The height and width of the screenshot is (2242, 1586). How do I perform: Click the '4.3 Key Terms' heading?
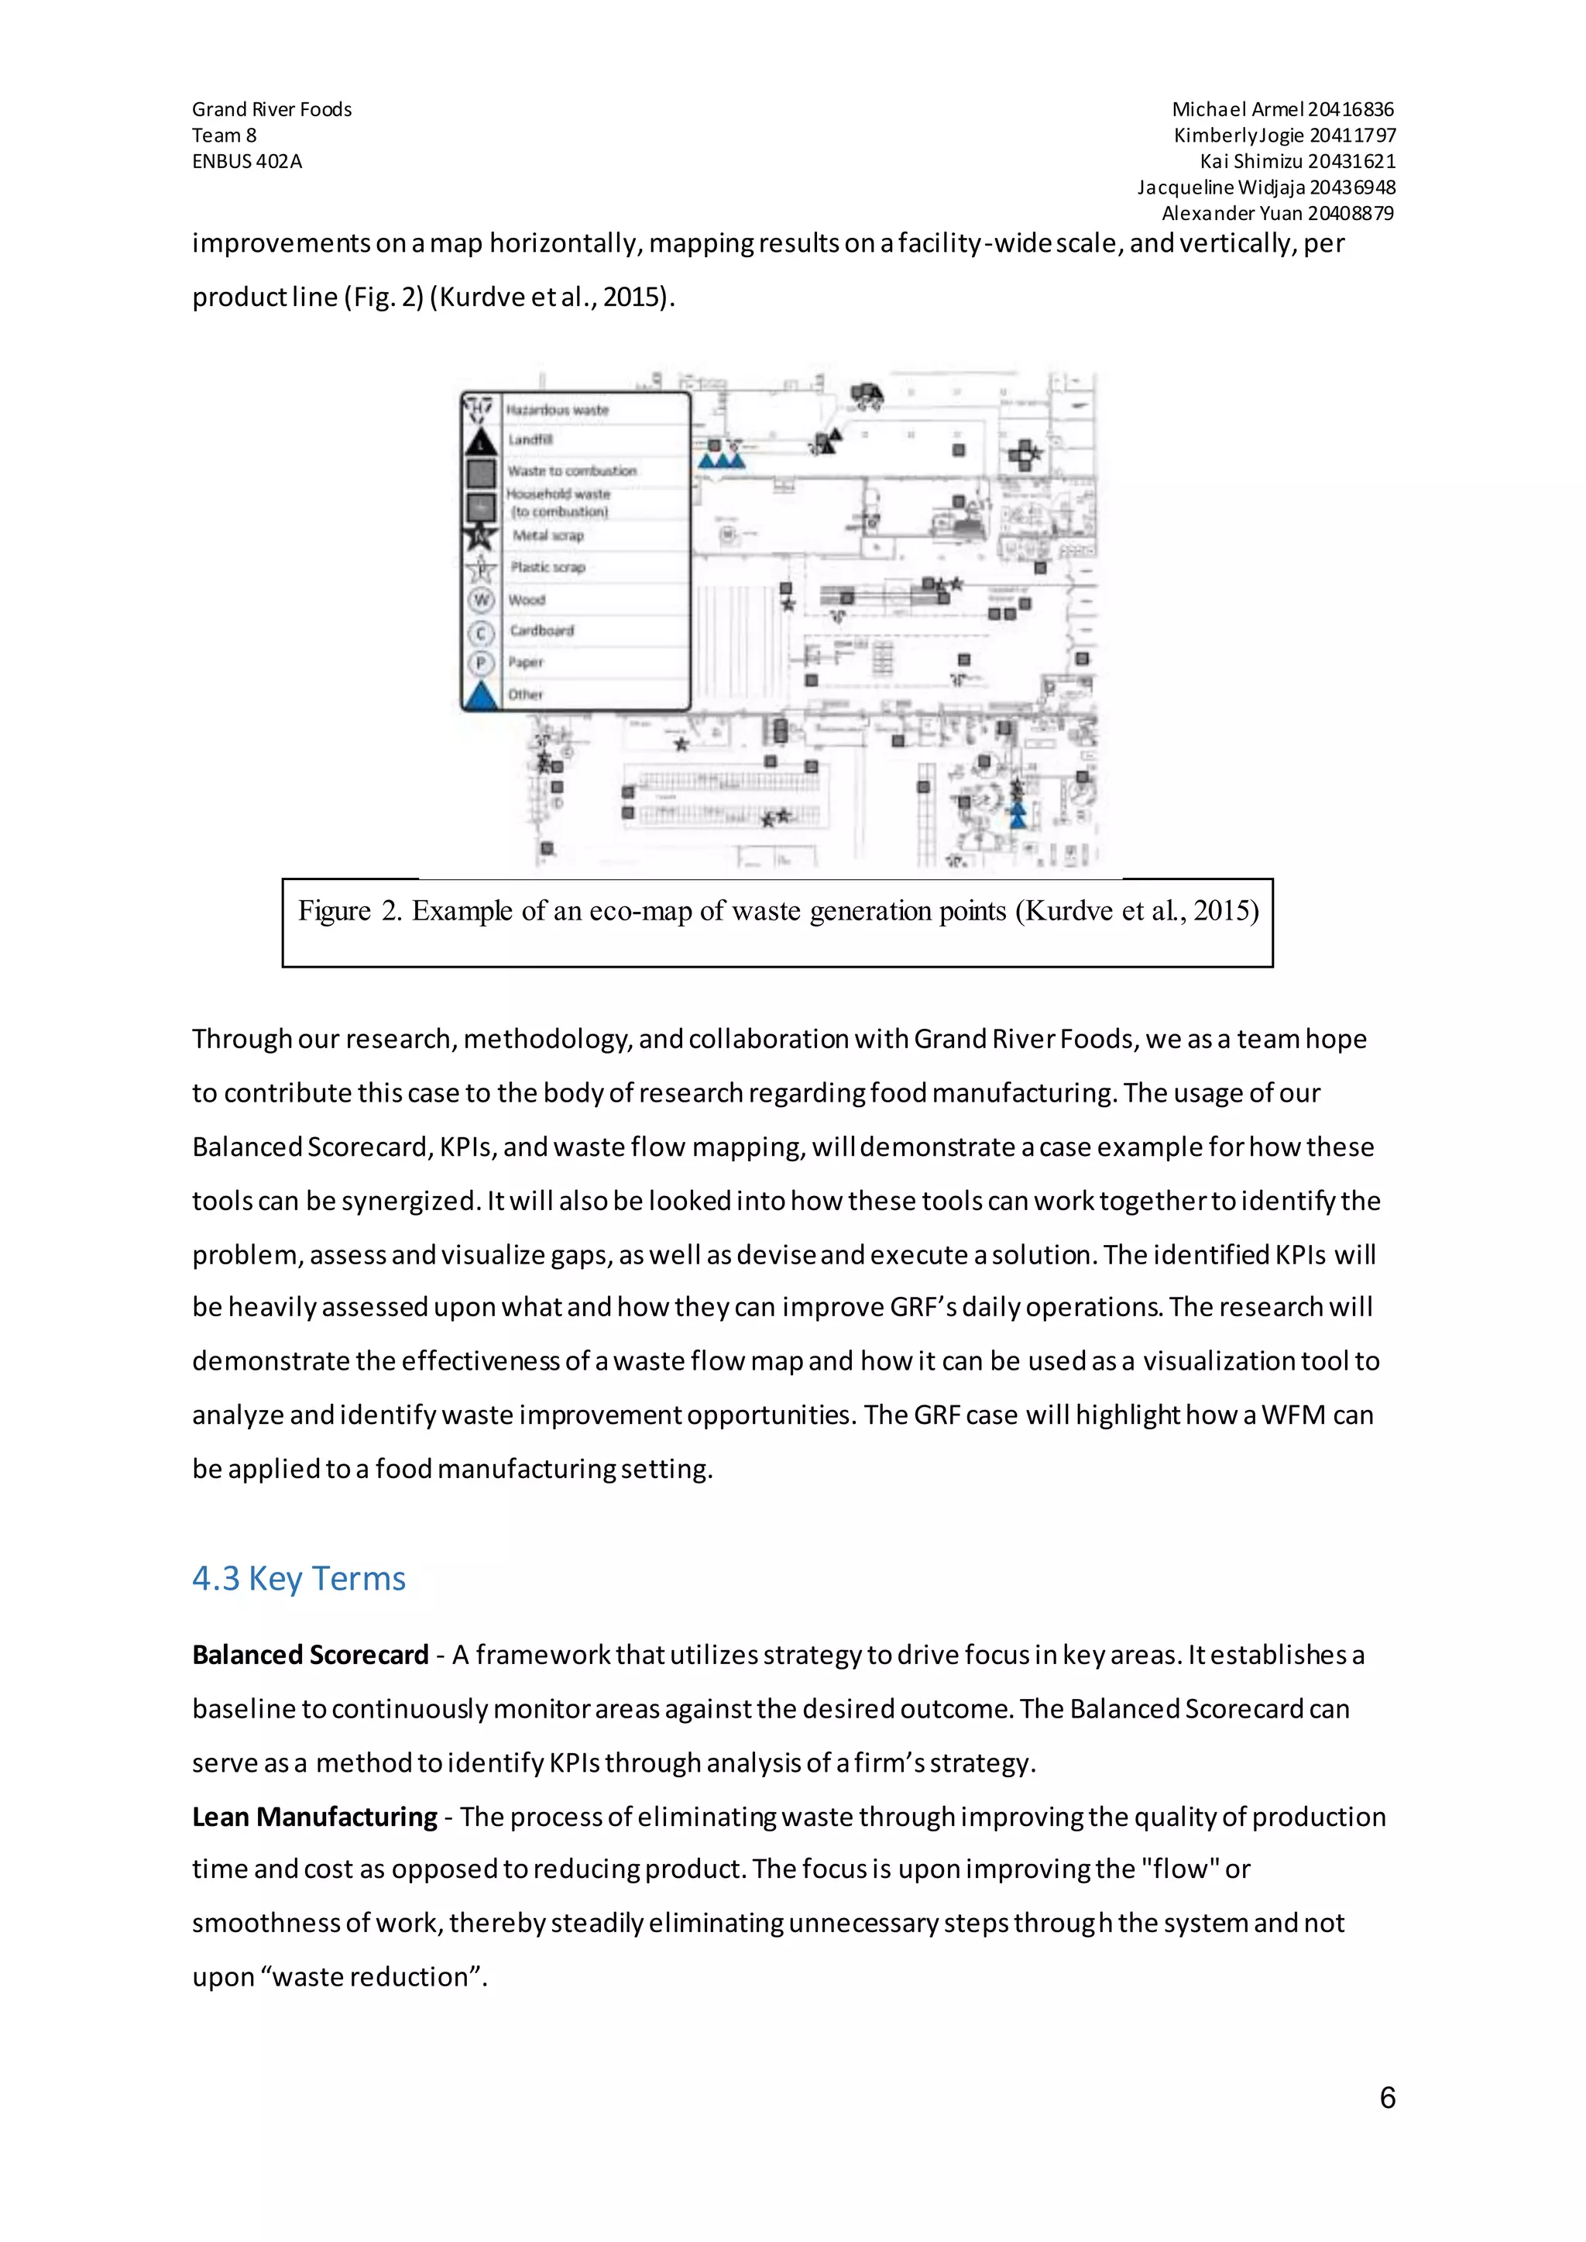(x=298, y=1578)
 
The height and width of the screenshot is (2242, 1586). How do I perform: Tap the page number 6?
(x=1387, y=2097)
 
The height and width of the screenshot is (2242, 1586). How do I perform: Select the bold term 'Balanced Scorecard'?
(x=310, y=1655)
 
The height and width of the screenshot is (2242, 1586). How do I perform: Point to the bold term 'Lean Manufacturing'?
(x=314, y=1816)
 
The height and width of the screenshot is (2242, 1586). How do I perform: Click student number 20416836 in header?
(x=1351, y=109)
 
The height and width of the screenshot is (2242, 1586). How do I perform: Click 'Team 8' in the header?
(x=224, y=135)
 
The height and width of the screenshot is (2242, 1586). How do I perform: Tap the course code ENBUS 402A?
(x=246, y=161)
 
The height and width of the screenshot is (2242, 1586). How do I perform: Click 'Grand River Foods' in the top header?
(x=272, y=109)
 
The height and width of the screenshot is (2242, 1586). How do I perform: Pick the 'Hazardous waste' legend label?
(x=557, y=409)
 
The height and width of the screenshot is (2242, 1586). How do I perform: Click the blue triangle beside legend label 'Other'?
(x=480, y=695)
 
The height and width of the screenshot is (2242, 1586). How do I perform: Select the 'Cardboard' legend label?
(x=541, y=630)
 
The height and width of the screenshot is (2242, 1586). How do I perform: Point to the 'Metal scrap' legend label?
(x=548, y=535)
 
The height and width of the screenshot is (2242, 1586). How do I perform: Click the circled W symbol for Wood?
(x=480, y=600)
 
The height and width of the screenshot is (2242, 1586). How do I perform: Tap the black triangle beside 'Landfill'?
(x=480, y=442)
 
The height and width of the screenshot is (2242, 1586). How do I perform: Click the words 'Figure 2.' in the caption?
(x=348, y=910)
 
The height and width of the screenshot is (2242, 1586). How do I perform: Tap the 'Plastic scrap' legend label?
(x=548, y=566)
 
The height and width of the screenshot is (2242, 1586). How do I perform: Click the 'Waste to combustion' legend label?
(x=572, y=471)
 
